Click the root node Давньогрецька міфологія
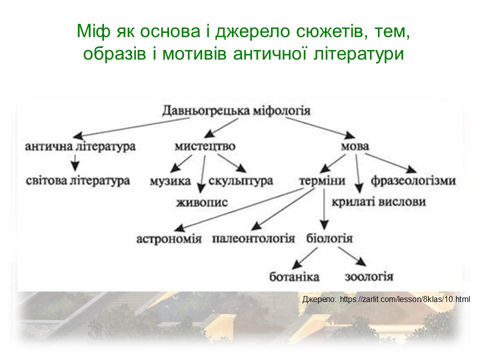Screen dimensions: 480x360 point(236,110)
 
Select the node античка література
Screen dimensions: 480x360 point(80,147)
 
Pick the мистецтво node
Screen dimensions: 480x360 point(205,147)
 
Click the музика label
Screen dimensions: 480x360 point(170,181)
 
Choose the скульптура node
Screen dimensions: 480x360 point(240,181)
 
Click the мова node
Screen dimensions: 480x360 point(354,147)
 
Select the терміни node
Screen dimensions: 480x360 point(322,181)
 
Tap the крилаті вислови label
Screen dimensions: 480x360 point(378,202)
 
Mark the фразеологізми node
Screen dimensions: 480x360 point(413,181)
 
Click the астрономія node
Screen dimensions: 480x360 point(169,238)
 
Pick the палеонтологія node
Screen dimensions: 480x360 point(253,238)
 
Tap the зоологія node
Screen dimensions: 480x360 point(369,276)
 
